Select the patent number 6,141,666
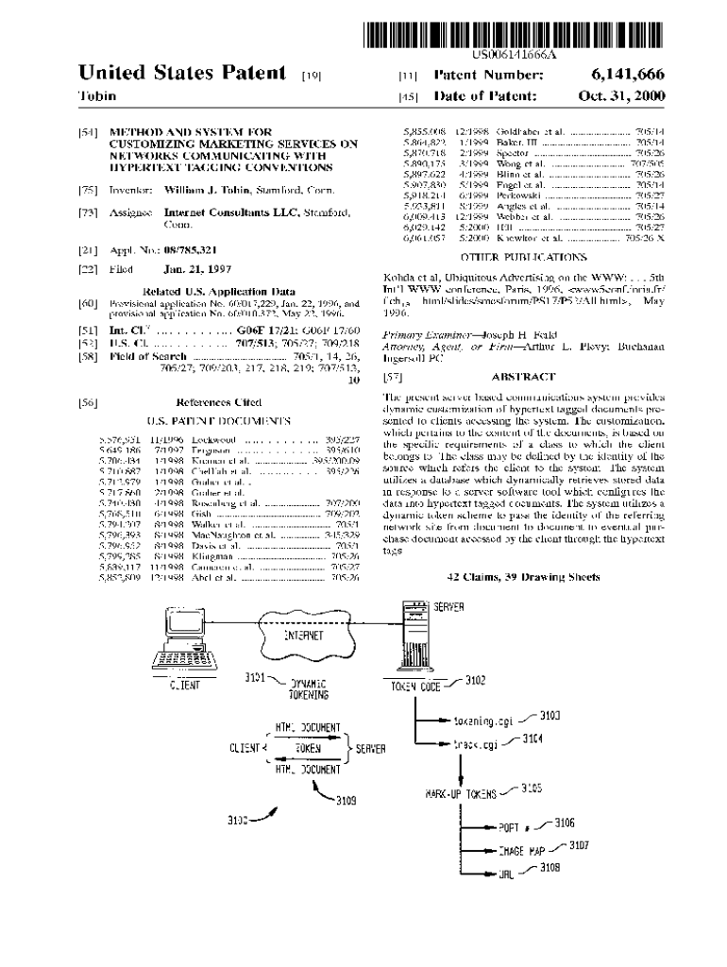click(629, 75)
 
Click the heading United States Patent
click(182, 73)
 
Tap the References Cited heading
click(219, 401)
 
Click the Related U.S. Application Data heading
click(218, 291)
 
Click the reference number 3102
click(475, 679)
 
